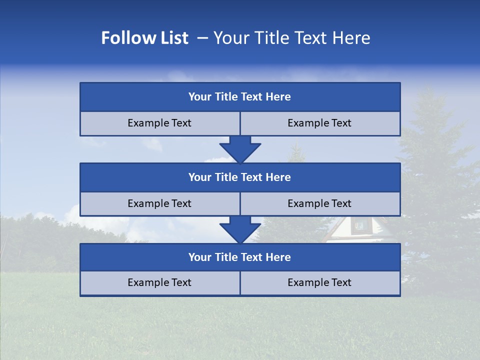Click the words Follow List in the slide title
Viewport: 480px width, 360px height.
144,38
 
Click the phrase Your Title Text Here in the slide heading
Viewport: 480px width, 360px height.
291,38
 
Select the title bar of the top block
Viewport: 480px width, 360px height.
240,97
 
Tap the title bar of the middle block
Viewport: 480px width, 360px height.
240,177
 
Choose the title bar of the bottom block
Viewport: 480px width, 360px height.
240,257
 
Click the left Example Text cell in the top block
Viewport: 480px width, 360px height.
159,123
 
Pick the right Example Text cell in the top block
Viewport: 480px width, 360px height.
320,123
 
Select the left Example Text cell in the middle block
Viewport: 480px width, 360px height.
159,204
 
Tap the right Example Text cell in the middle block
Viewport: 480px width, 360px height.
320,204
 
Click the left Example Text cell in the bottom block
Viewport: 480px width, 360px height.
159,283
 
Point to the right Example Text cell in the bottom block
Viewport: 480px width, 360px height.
320,283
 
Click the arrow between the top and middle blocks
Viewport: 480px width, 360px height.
240,149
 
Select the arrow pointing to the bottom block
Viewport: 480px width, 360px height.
240,229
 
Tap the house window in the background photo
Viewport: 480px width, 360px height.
359,226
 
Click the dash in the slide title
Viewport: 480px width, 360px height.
203,38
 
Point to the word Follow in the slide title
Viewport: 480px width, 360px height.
125,38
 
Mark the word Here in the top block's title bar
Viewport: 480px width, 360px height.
278,97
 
